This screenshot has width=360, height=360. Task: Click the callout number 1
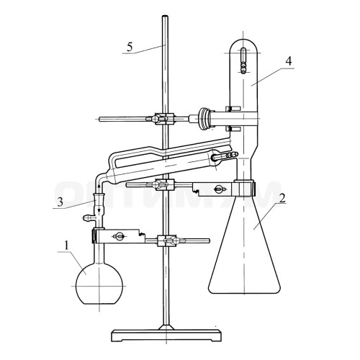[66, 246]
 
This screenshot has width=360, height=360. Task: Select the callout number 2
[282, 198]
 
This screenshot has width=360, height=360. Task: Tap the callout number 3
[60, 202]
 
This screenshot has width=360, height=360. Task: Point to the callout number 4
[289, 61]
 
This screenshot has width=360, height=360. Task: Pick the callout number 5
[130, 47]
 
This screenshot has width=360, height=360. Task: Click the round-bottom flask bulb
[99, 286]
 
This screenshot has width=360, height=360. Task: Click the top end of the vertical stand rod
[165, 17]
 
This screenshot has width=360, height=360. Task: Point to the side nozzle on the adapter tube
[89, 218]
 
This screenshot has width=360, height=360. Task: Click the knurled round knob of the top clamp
[204, 119]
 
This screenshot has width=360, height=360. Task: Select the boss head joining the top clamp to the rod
[164, 119]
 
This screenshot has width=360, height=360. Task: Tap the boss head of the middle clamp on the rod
[164, 185]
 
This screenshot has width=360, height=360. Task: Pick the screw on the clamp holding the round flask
[118, 237]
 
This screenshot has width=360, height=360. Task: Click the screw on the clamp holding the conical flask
[220, 189]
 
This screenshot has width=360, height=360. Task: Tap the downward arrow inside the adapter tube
[99, 211]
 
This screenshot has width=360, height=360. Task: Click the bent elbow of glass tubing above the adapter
[100, 179]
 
